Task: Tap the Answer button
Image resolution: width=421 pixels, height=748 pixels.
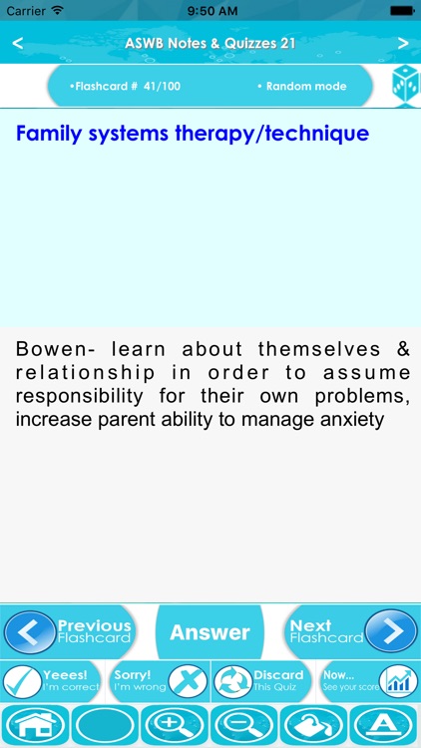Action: pyautogui.click(x=210, y=632)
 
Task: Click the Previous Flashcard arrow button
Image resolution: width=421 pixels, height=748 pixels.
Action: pyautogui.click(x=30, y=632)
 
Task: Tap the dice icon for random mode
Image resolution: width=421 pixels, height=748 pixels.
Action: pyautogui.click(x=405, y=86)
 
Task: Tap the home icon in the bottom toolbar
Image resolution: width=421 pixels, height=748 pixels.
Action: pyautogui.click(x=35, y=726)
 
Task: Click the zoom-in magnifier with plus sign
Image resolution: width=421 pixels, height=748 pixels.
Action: pyautogui.click(x=175, y=726)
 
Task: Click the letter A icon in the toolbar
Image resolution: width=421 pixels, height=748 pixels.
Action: pyautogui.click(x=385, y=726)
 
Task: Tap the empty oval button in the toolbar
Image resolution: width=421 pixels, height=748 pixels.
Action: pyautogui.click(x=105, y=726)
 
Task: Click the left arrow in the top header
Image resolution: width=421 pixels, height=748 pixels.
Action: pyautogui.click(x=18, y=43)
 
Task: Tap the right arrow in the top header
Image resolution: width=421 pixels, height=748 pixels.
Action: pyautogui.click(x=403, y=43)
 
